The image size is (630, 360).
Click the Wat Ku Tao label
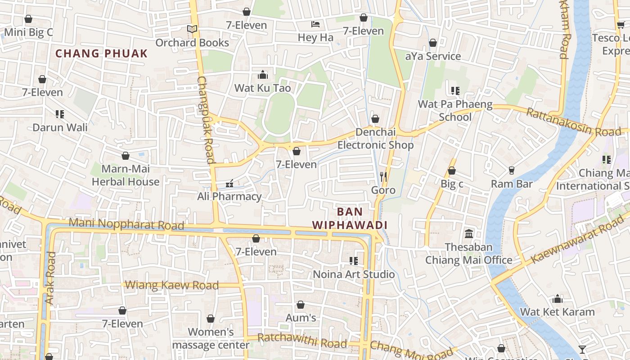263,88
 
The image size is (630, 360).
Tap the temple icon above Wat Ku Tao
263,75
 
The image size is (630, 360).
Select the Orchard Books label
192,43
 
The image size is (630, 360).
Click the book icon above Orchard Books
192,29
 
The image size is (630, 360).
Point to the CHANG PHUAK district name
101,54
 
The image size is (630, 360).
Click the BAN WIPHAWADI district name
350,218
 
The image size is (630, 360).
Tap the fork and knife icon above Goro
383,176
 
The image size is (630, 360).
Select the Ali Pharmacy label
229,197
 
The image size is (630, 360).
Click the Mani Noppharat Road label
126,224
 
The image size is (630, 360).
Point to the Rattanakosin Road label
573,122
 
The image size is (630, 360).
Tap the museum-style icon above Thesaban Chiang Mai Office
469,234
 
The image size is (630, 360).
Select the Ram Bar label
512,184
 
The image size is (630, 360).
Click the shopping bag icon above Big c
452,171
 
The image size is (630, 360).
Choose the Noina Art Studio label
354,274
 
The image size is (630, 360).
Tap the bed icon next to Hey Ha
315,24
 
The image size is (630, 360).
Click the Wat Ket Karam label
557,312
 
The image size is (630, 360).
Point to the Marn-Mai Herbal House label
126,175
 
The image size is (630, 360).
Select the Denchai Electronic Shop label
375,139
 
